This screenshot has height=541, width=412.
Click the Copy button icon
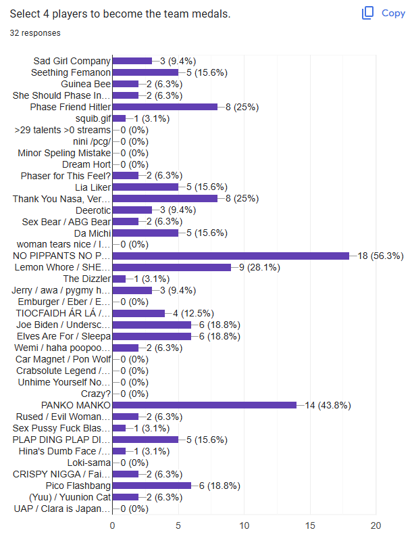tap(368, 13)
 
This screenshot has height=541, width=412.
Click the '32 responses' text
tap(34, 32)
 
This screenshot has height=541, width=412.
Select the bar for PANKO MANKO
tap(204, 405)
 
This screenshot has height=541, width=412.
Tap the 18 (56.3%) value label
tap(380, 256)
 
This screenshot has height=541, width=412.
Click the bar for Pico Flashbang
tap(151, 486)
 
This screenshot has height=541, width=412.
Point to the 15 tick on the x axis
tap(310, 525)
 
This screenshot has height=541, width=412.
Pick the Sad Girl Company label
tap(72, 61)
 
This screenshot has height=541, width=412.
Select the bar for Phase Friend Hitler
tap(164, 107)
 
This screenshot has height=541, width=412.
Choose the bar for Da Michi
tap(145, 233)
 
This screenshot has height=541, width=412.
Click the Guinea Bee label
tap(86, 84)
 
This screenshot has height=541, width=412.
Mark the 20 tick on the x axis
tap(376, 525)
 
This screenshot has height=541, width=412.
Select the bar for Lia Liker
tap(145, 187)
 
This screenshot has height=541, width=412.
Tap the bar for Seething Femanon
tap(145, 72)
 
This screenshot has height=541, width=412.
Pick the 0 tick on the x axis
tap(112, 525)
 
